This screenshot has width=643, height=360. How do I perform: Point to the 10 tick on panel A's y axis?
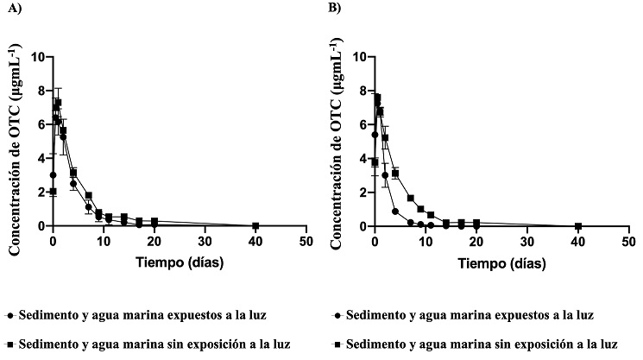click(38, 57)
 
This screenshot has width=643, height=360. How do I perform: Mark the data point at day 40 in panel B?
click(578, 226)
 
